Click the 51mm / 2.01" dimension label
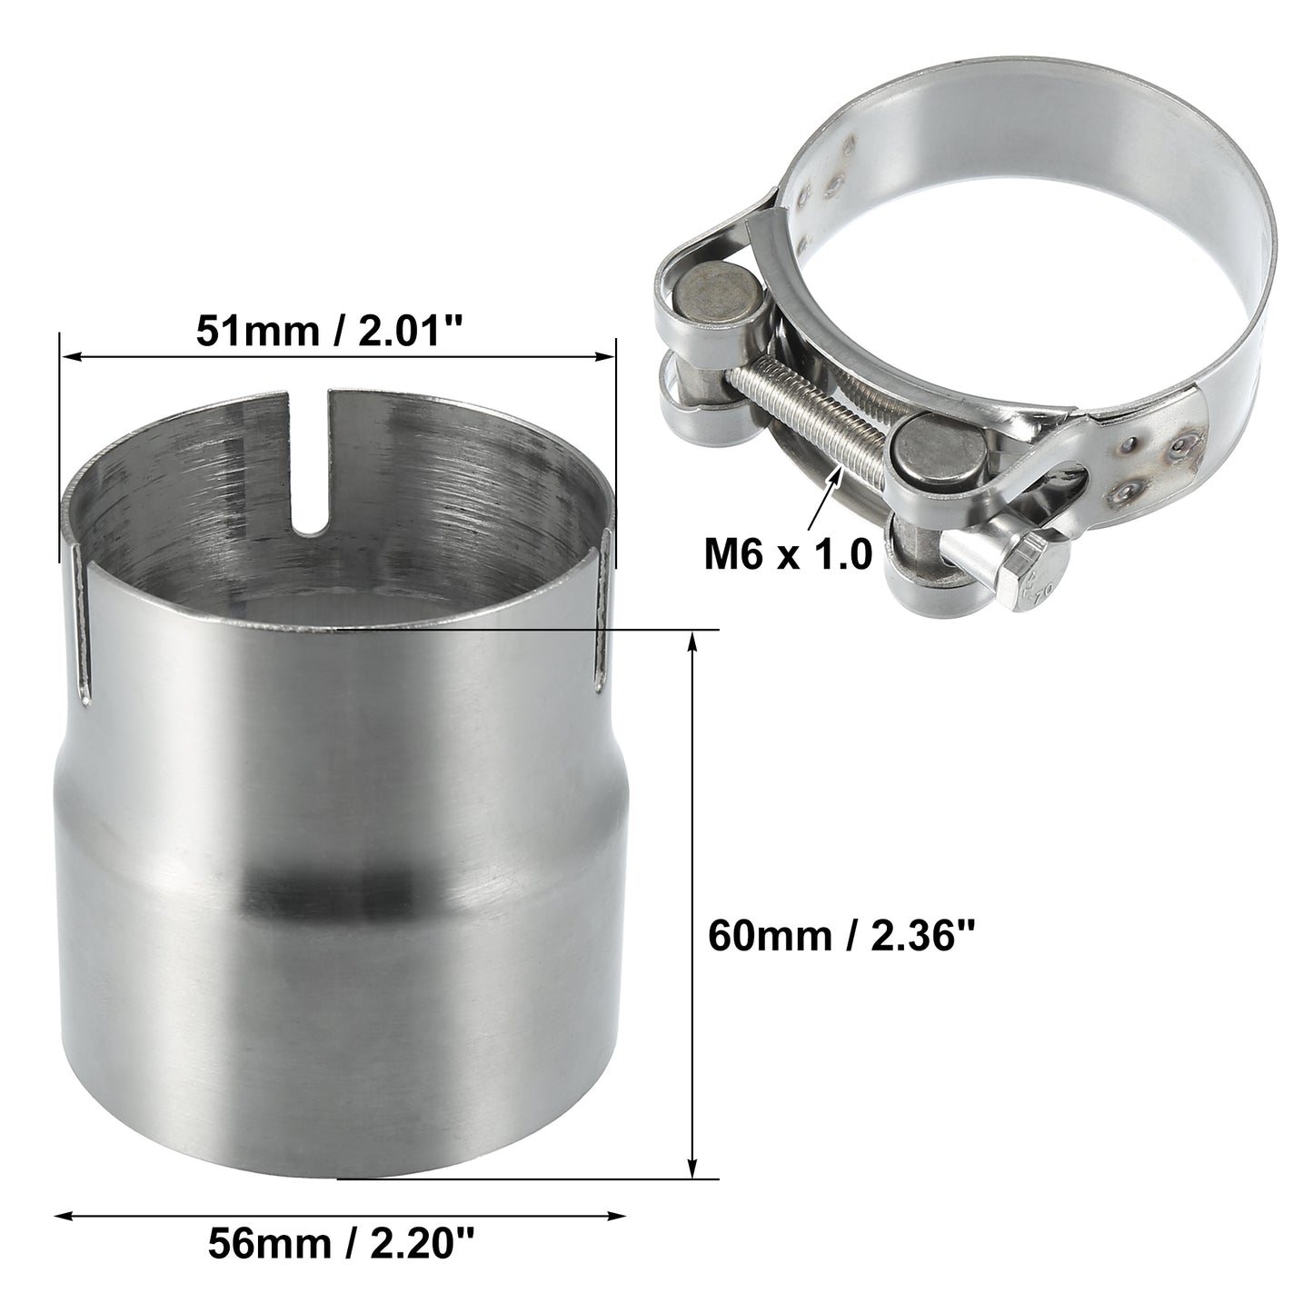tap(329, 331)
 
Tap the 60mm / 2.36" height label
tap(842, 935)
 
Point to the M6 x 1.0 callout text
tap(788, 554)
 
